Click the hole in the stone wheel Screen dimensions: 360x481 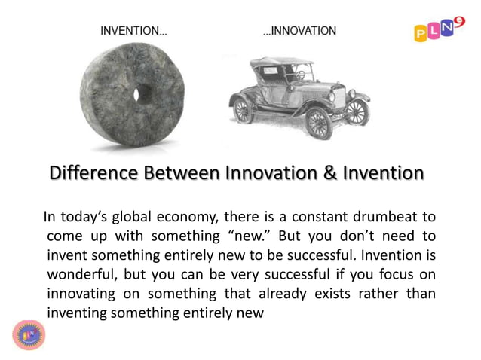(137, 94)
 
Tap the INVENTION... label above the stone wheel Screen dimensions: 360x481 (133, 32)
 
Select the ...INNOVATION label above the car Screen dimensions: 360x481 (299, 31)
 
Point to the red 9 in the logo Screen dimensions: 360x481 (460, 20)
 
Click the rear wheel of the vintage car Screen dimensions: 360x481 (244, 110)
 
